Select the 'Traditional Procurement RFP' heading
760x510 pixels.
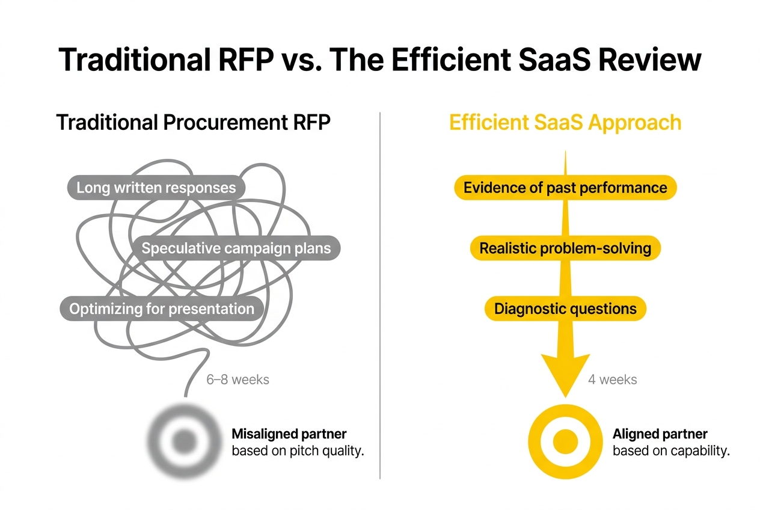pos(193,122)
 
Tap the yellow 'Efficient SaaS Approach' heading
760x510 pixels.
pos(565,122)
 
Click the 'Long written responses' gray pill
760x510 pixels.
pos(156,188)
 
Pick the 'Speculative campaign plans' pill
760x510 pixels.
pos(236,248)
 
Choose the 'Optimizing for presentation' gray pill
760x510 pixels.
pos(161,309)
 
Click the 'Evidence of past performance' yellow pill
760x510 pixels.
pos(565,188)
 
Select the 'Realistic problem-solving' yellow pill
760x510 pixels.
pos(565,248)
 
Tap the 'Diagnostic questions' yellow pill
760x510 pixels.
pos(565,309)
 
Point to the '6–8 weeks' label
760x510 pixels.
pos(237,379)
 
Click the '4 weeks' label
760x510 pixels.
pos(612,379)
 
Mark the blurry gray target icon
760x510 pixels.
pos(183,442)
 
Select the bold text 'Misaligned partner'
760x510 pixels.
pos(289,434)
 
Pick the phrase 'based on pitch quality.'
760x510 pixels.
pos(298,451)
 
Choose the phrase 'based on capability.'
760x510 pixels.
pos(670,451)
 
